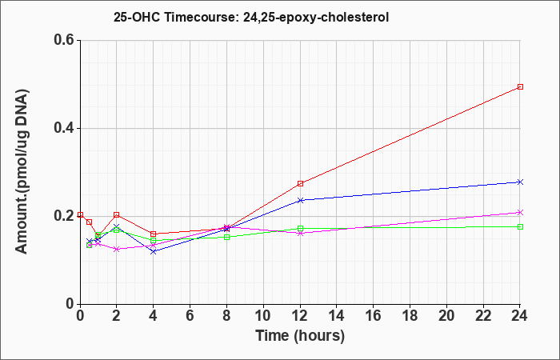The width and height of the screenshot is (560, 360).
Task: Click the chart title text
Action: [251, 17]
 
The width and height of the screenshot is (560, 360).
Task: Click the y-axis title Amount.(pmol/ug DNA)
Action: [22, 172]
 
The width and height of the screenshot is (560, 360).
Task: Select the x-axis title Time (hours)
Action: [300, 336]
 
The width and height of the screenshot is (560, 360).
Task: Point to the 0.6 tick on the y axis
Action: [66, 40]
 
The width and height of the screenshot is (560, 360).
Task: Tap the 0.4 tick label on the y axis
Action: [66, 128]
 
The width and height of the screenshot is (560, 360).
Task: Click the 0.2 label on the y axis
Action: [66, 216]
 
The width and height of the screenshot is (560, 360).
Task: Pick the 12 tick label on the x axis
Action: [300, 316]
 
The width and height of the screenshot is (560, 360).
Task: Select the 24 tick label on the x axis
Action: [520, 316]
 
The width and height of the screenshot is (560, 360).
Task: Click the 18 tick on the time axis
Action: [410, 316]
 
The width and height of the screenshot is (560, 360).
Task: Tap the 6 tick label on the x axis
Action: [190, 316]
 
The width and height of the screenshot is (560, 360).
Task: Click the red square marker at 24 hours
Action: [520, 86]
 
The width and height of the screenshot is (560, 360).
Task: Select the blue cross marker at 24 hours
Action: [520, 182]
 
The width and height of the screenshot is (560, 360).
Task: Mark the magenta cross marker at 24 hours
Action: [520, 213]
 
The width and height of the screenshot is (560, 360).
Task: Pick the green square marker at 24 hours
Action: [520, 226]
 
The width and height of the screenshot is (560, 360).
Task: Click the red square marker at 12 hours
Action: [300, 183]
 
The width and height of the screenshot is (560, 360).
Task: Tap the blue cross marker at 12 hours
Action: [300, 200]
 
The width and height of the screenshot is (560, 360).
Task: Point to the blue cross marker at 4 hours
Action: [154, 252]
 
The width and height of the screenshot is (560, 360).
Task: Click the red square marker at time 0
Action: [80, 214]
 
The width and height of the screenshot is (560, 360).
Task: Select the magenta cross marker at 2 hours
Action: [117, 250]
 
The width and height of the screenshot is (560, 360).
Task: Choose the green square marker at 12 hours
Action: [300, 229]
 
